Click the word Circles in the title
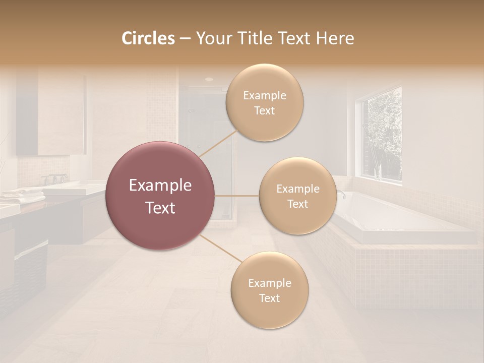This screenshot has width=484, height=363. (148, 38)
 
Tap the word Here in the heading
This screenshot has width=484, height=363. (335, 38)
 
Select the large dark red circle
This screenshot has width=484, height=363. (160, 196)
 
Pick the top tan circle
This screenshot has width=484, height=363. (264, 102)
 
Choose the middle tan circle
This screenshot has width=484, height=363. (297, 196)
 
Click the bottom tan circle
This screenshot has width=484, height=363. (269, 290)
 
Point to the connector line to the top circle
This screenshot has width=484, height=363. (218, 143)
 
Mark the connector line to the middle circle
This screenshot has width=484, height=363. (236, 195)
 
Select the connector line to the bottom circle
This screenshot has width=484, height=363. (220, 249)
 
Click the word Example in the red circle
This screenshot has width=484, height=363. (160, 186)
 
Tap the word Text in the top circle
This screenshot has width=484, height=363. (264, 111)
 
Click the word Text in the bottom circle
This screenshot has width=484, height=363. (269, 298)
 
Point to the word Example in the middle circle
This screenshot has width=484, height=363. (297, 189)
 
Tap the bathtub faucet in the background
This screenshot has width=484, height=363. (341, 194)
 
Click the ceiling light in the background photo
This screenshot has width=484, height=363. (209, 79)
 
